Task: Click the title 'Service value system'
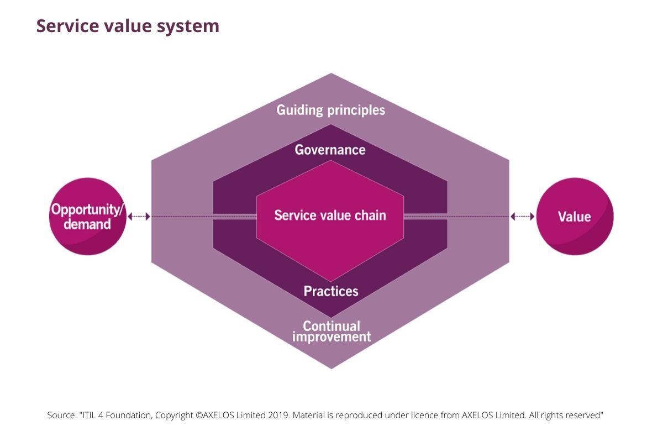click(x=128, y=26)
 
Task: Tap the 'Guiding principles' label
click(x=330, y=110)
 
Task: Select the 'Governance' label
click(x=330, y=150)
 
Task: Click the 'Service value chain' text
click(x=330, y=215)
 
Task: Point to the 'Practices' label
click(x=330, y=291)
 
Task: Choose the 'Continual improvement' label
click(x=331, y=331)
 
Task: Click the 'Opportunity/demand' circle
click(x=87, y=217)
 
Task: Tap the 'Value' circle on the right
click(x=575, y=217)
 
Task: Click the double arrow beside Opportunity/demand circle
click(x=139, y=217)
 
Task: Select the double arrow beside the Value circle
click(x=523, y=217)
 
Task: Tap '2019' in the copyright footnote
click(x=292, y=415)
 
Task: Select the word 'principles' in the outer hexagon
click(x=356, y=110)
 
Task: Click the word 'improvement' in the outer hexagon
click(x=331, y=336)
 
